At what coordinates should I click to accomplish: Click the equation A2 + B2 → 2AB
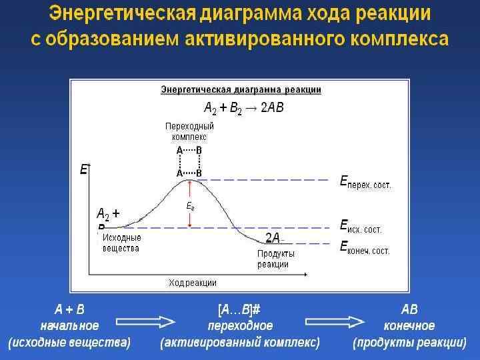point(243,108)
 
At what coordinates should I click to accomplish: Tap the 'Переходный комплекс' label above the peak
point(189,131)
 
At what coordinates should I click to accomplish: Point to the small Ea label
point(190,207)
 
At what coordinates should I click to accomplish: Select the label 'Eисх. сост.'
point(361,227)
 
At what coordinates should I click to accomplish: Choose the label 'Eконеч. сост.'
point(365,249)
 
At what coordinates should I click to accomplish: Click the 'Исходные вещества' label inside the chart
point(121,243)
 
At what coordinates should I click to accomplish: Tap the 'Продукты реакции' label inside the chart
point(275,259)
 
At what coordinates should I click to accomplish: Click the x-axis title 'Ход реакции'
point(193,283)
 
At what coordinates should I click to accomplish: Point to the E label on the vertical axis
point(84,170)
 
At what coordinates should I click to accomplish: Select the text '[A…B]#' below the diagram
point(239,310)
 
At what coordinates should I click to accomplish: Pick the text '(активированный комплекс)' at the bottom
point(240,343)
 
